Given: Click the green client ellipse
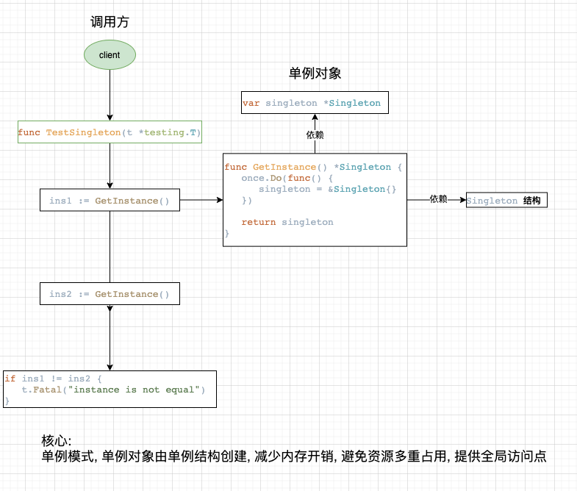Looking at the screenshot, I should click(110, 55).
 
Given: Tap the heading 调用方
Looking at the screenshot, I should click(110, 22).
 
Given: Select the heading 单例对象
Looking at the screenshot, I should click(315, 74).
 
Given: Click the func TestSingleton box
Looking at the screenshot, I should click(110, 133).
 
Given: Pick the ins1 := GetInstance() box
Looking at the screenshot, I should click(110, 201).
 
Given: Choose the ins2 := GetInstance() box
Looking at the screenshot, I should click(110, 294).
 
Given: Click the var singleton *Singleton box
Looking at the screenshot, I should click(315, 103).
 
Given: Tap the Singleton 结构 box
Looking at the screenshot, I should click(506, 201).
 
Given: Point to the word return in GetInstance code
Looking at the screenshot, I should click(259, 222).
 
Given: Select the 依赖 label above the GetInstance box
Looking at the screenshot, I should click(315, 135).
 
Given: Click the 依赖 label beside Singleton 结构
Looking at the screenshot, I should click(438, 199).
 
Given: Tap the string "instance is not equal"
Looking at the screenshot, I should click(137, 390).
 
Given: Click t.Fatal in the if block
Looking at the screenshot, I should click(36, 390).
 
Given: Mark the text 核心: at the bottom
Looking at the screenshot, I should click(56, 441).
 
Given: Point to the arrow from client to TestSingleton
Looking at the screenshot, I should click(110, 96).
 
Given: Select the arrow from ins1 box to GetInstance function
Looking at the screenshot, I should click(201, 200).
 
